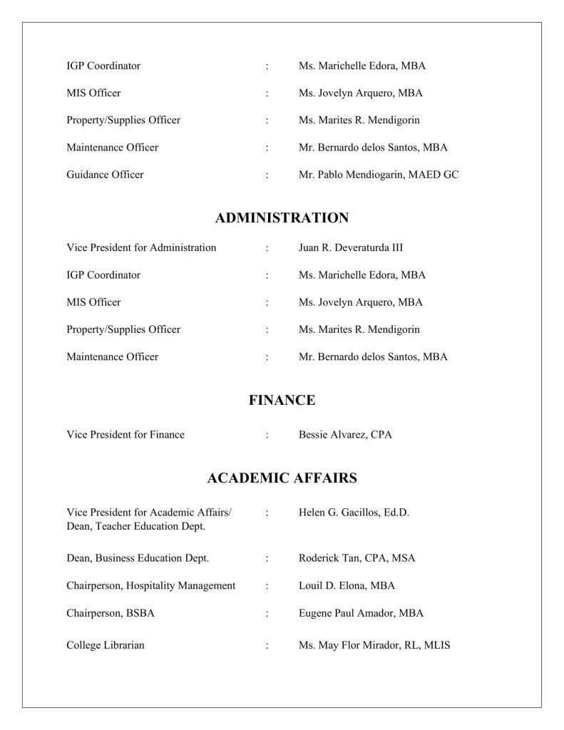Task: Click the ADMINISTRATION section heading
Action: (x=282, y=218)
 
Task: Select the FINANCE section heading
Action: (x=282, y=401)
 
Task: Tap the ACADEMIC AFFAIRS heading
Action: (x=282, y=478)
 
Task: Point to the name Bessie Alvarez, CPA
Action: (x=345, y=435)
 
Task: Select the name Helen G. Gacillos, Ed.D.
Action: (x=354, y=513)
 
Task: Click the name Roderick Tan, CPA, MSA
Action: (x=357, y=558)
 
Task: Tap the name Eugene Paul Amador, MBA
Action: (x=361, y=613)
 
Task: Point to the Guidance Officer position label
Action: (x=105, y=175)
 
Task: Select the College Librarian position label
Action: (x=106, y=646)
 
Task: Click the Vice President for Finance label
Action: (x=125, y=435)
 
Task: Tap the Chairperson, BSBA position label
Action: (x=111, y=613)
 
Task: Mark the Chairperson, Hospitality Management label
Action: (x=151, y=586)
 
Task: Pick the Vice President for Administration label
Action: (x=141, y=248)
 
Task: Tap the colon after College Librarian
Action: (x=267, y=646)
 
